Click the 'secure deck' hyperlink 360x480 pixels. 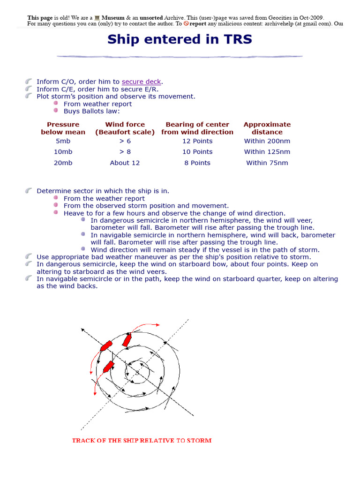coord(141,82)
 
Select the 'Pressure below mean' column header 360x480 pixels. coord(63,128)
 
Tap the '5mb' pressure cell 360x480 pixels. coord(63,141)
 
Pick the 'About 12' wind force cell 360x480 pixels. coord(125,163)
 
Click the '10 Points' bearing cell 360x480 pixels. coord(197,152)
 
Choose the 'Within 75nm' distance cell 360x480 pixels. coord(267,163)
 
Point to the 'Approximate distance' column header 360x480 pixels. coord(267,128)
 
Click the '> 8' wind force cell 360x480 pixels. coord(125,152)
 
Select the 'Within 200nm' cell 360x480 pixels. coord(267,141)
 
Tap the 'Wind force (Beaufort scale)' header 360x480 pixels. coord(125,128)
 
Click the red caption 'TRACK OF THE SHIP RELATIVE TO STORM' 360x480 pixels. coord(142,441)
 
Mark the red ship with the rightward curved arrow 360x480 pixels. coord(127,340)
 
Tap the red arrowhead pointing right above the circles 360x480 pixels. coord(157,324)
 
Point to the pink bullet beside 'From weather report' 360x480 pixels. coord(56,104)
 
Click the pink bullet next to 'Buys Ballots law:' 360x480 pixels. coord(56,111)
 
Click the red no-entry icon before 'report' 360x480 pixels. coord(186,23)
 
